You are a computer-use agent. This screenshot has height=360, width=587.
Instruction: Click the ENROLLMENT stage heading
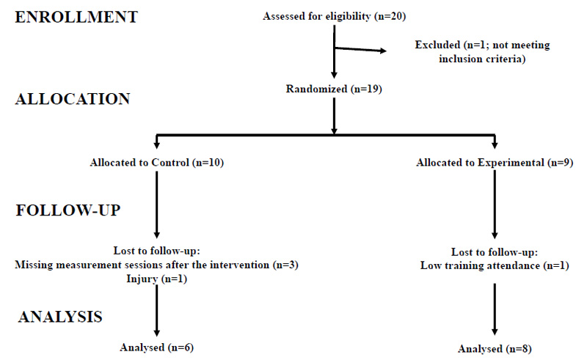pos(76,17)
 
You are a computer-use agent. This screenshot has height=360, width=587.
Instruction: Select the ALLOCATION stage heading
pos(73,99)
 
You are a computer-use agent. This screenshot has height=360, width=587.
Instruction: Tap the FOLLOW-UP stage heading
pos(68,210)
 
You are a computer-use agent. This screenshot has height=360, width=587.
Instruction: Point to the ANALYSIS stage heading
pos(60,317)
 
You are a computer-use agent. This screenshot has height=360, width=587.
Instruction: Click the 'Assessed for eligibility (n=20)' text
pos(335,16)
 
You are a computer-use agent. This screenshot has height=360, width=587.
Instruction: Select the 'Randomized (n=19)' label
pos(334,89)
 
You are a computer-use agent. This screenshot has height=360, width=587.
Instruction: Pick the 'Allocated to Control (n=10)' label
pos(157,163)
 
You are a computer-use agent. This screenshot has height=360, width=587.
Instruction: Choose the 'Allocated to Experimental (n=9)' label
pos(495,163)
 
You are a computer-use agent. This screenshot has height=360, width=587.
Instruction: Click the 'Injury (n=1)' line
pos(156,279)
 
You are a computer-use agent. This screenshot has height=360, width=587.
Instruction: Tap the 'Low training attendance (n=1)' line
pos(495,265)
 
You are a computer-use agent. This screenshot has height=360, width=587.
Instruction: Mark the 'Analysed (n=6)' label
pos(156,348)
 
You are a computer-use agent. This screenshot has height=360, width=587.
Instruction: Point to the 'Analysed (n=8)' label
pos(495,349)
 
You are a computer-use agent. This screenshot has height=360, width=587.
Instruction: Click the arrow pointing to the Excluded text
pos(360,49)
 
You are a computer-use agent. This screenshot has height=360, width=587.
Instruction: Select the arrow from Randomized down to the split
pos(335,116)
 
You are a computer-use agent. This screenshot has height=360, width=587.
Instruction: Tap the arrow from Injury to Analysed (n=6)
pos(157,311)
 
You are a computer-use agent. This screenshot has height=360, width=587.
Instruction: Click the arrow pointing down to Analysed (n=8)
pos(495,309)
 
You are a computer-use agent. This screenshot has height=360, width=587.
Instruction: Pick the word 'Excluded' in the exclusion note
pos(437,45)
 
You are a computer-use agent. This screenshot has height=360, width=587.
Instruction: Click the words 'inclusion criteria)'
pos(482,59)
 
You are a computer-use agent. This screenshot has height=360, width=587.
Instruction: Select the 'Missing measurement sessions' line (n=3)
pos(156,265)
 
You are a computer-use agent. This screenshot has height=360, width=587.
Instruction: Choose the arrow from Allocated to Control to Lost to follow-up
pos(157,205)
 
